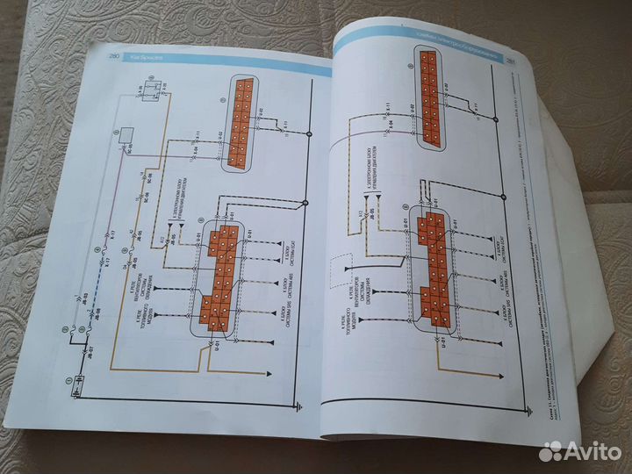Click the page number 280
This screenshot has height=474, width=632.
click(114, 55)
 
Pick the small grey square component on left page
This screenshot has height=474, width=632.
click(126, 136)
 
